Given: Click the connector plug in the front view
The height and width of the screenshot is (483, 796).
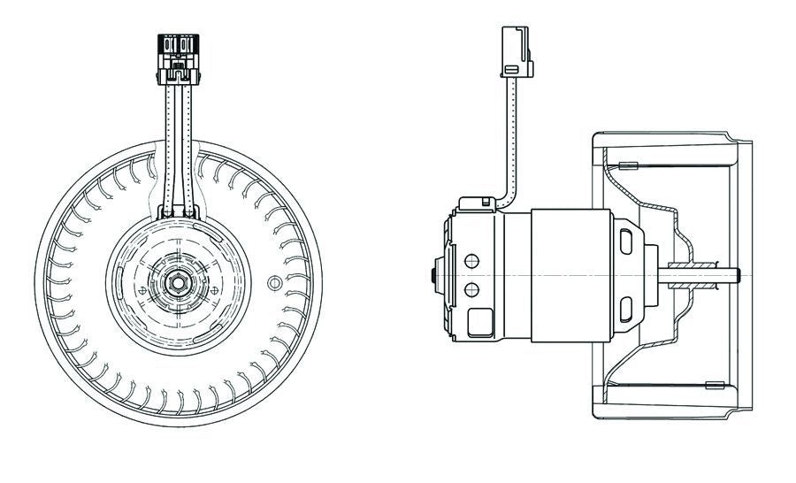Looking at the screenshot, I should point(180,52).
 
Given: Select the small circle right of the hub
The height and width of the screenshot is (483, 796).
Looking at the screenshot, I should point(274,283).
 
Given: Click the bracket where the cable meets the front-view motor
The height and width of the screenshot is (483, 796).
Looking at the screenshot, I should point(180,212).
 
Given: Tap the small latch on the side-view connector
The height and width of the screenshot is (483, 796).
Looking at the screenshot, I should point(509,68).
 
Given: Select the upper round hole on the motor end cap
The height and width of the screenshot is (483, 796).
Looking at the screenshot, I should point(471,261).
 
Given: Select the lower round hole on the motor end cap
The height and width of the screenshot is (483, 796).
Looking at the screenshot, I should point(471,290).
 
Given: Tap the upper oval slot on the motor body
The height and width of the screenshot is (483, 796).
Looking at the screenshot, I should point(626,240).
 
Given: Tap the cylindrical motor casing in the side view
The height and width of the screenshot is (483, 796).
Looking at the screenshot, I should point(566,274).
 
